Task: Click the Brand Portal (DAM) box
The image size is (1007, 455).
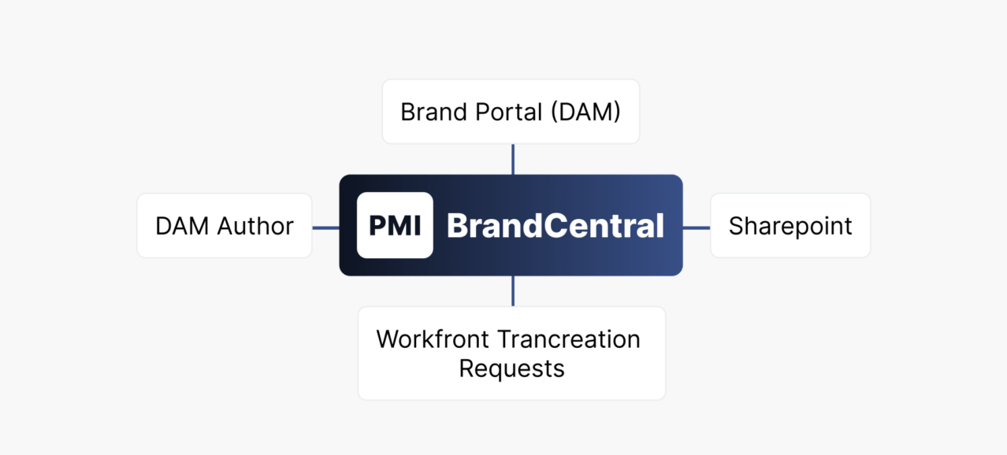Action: coord(511,112)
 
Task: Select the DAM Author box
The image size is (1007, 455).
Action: coord(225,225)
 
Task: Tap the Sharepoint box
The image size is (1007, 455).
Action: coord(790,225)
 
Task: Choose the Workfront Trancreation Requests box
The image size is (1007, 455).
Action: coord(511,353)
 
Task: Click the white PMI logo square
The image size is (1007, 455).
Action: coord(395,225)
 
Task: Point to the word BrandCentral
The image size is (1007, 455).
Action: coord(556,225)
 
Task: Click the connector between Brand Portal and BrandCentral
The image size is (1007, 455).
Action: coord(513,160)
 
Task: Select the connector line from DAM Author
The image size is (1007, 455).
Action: coord(326,228)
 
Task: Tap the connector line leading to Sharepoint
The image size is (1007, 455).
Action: coord(697,228)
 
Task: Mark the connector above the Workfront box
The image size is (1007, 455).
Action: coord(513,291)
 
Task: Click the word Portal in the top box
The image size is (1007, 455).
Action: coord(508,112)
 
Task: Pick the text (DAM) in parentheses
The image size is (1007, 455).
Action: coord(585,112)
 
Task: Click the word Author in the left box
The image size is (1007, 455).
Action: coord(255,225)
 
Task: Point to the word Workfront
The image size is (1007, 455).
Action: coord(433,339)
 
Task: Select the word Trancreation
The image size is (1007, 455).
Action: coord(569,339)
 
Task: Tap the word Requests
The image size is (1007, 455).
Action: coord(511,369)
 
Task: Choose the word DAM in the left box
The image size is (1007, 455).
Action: coord(182,225)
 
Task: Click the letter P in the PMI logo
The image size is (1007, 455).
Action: coord(378,225)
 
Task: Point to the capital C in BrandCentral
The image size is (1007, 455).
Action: coord(556,225)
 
